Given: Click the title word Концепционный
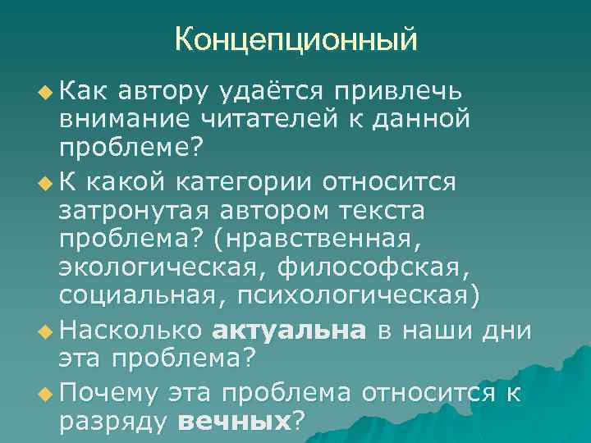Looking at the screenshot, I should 295,38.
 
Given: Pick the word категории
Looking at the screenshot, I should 258,180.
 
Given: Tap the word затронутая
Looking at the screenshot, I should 131,210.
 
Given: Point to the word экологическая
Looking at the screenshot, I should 162,267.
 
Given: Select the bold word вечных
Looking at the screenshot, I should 235,421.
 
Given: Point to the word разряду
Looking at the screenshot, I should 113,421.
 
